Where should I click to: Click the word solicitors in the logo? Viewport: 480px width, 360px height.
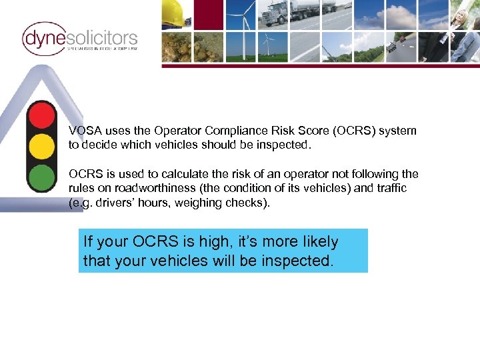point(102,37)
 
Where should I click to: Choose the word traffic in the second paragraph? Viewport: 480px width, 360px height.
point(389,189)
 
